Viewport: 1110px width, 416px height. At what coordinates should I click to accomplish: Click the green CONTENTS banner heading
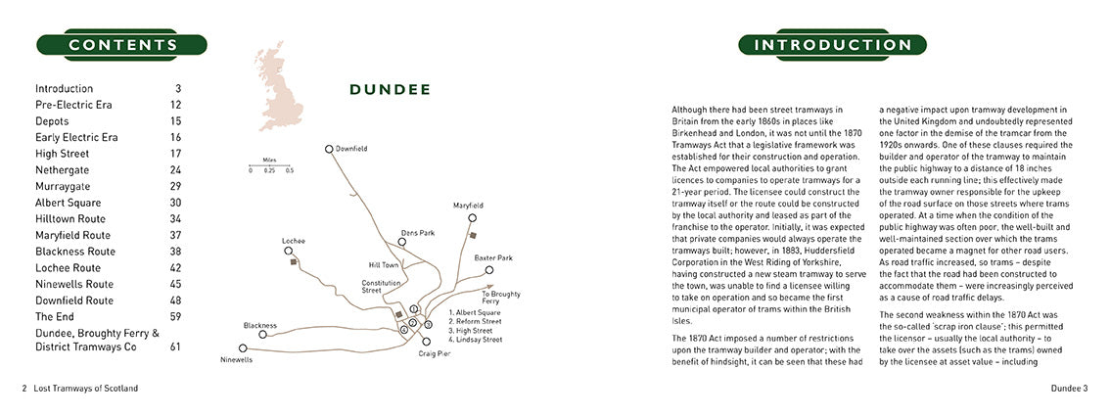[x=122, y=45]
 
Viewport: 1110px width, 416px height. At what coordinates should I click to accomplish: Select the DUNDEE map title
[x=391, y=90]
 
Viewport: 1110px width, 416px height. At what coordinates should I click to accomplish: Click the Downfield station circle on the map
[x=330, y=149]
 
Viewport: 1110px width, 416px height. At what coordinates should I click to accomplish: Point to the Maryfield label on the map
[x=468, y=206]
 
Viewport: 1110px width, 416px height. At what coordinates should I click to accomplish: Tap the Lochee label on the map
[x=294, y=240]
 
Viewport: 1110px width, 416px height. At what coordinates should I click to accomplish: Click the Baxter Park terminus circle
[x=488, y=270]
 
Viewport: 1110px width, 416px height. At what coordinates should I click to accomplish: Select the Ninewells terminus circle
[x=242, y=347]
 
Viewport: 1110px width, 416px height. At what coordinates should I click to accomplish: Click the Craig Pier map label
[x=434, y=352]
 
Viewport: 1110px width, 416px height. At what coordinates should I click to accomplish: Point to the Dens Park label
[x=416, y=233]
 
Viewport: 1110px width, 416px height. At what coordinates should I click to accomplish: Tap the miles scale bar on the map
[x=269, y=163]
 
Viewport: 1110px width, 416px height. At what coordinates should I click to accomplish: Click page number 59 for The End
[x=175, y=316]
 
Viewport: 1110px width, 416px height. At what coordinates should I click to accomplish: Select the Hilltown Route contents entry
[x=74, y=218]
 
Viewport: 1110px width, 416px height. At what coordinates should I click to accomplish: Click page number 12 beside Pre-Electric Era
[x=175, y=104]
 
